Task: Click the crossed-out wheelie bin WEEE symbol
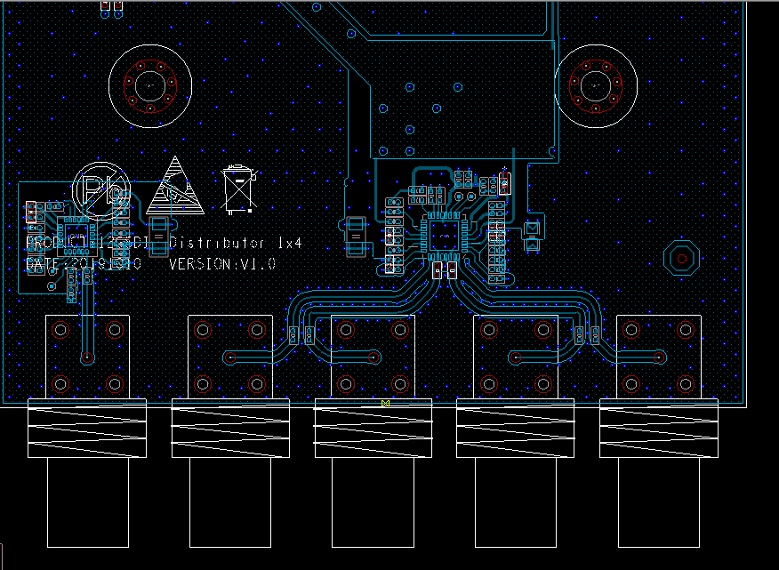coord(239,189)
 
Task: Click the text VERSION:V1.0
coord(221,264)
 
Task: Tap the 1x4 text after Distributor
coord(294,243)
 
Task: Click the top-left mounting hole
coord(149,85)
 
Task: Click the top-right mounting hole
coord(596,85)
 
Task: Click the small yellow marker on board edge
coord(385,404)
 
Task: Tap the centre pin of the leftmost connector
coord(87,357)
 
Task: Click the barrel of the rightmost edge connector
coord(659,502)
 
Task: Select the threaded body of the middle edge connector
coord(373,429)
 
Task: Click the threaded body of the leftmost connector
coord(87,429)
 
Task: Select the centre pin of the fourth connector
coord(515,357)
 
